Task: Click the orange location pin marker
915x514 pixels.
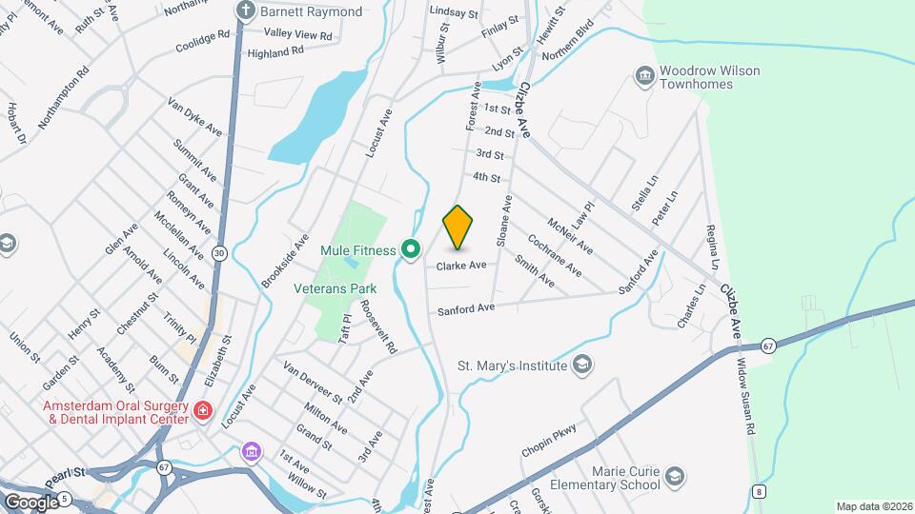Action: (x=457, y=227)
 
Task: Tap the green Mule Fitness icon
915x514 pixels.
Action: (x=411, y=250)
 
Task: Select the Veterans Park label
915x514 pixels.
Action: (x=335, y=288)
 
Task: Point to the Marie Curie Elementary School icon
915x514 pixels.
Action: (x=675, y=476)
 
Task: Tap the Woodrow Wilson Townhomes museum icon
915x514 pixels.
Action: (x=644, y=75)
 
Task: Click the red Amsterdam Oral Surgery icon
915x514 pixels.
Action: (x=202, y=411)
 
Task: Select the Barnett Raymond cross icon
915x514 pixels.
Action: (x=246, y=11)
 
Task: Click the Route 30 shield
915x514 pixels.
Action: (x=219, y=253)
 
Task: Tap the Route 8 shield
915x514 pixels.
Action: (x=759, y=491)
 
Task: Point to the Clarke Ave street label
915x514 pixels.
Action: (x=461, y=266)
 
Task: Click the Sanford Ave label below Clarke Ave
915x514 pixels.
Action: (x=466, y=309)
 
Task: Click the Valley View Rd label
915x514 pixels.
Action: (x=299, y=35)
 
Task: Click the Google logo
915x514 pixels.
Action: (x=31, y=502)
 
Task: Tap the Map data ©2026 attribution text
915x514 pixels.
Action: (x=873, y=506)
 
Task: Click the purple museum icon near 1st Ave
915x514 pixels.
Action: (x=251, y=449)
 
